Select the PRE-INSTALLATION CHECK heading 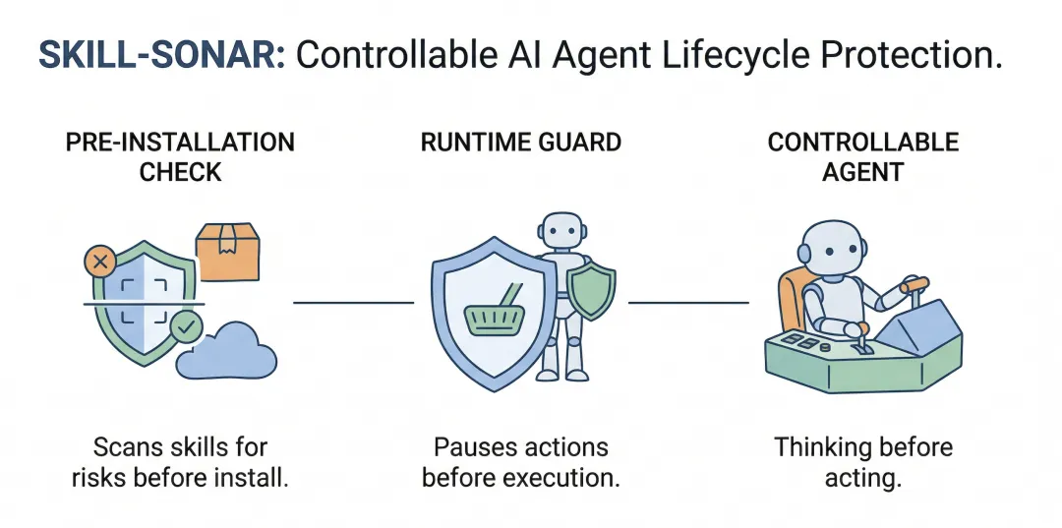click(x=180, y=156)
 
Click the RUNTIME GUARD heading click(x=521, y=142)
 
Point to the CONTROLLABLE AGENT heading click(x=863, y=156)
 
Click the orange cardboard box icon click(x=227, y=250)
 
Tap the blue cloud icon click(x=228, y=350)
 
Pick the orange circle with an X click(x=98, y=262)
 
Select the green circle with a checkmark click(x=185, y=325)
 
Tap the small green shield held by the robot click(x=592, y=291)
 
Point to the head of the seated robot click(x=835, y=246)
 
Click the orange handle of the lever click(x=915, y=284)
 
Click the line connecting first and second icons click(x=353, y=303)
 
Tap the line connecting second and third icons click(x=687, y=303)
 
